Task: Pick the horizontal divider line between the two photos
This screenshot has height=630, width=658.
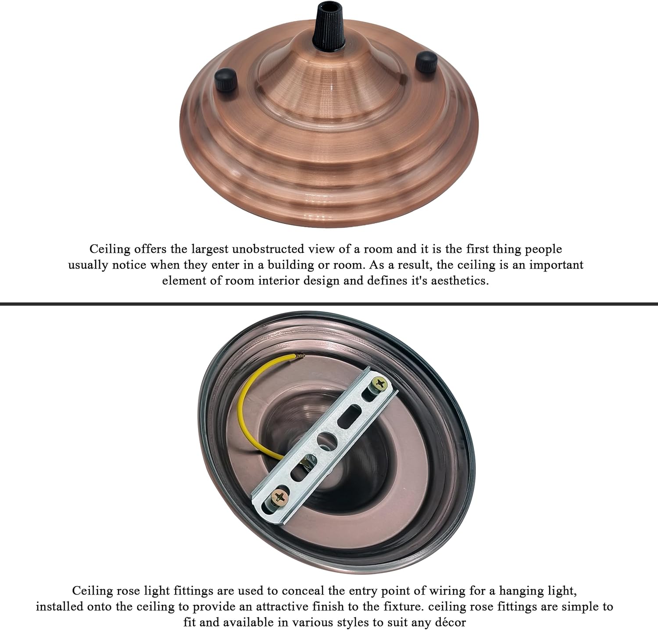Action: tap(329, 303)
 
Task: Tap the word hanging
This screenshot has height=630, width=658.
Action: tap(519, 591)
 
